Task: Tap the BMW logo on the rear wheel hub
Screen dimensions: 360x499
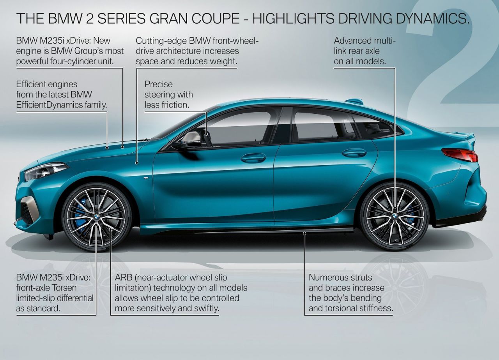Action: pyautogui.click(x=395, y=215)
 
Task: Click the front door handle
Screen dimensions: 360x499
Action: pyautogui.click(x=253, y=158)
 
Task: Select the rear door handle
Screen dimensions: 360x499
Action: pyautogui.click(x=354, y=153)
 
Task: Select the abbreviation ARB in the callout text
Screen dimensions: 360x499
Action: pyautogui.click(x=124, y=278)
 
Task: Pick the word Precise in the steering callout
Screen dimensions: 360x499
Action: pyautogui.click(x=158, y=84)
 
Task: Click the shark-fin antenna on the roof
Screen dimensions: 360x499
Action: pyautogui.click(x=354, y=101)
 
